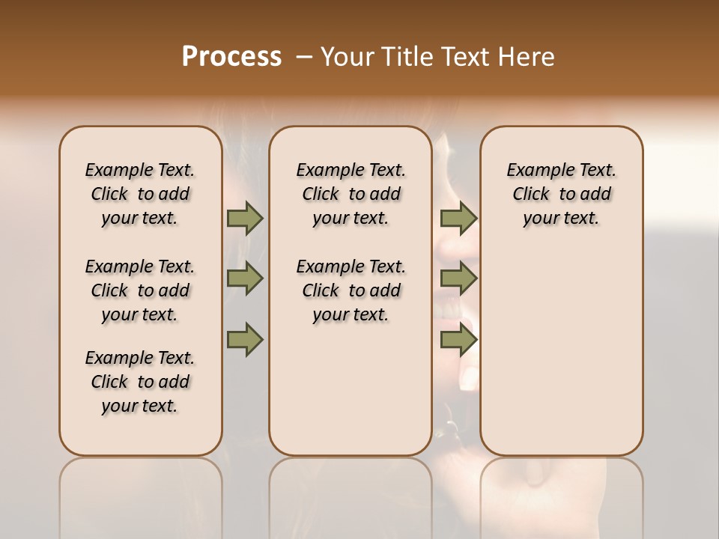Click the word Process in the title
pyautogui.click(x=231, y=57)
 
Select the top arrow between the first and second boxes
pyautogui.click(x=245, y=218)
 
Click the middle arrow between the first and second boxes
pyautogui.click(x=245, y=278)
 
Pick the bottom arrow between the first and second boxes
pyautogui.click(x=245, y=339)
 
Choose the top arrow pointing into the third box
pyautogui.click(x=458, y=218)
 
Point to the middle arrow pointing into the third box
pyautogui.click(x=458, y=278)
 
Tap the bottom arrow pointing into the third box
pyautogui.click(x=458, y=339)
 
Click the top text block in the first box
pyautogui.click(x=140, y=194)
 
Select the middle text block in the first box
pyautogui.click(x=140, y=290)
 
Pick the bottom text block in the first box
pyautogui.click(x=140, y=382)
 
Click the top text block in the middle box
pyautogui.click(x=351, y=194)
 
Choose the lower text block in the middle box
pyautogui.click(x=351, y=290)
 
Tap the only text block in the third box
pyautogui.click(x=562, y=194)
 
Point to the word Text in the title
pyautogui.click(x=464, y=57)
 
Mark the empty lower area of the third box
pyautogui.click(x=562, y=344)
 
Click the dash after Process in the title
pyautogui.click(x=305, y=57)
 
